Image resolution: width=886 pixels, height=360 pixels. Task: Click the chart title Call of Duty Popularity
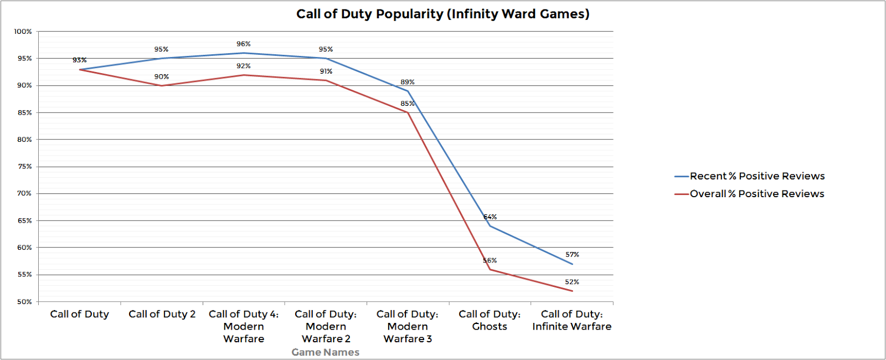pyautogui.click(x=442, y=14)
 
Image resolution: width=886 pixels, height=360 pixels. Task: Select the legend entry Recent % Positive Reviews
pyautogui.click(x=756, y=176)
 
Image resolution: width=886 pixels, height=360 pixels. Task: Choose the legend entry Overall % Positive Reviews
pyautogui.click(x=756, y=194)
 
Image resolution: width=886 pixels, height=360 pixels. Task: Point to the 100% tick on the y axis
pyautogui.click(x=23, y=32)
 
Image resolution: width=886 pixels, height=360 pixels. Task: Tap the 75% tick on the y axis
pyautogui.click(x=24, y=167)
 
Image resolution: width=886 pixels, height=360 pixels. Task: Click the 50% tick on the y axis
pyautogui.click(x=24, y=302)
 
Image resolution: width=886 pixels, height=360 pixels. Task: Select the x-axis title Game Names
pyautogui.click(x=325, y=352)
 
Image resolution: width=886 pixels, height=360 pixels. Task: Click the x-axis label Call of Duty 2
pyautogui.click(x=162, y=314)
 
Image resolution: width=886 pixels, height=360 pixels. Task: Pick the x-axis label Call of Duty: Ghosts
pyautogui.click(x=490, y=320)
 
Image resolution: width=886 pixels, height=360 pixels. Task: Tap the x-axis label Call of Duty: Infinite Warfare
pyautogui.click(x=571, y=320)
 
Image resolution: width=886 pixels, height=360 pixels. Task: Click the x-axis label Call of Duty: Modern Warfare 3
pyautogui.click(x=408, y=326)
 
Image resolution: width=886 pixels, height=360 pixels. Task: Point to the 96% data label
pyautogui.click(x=244, y=44)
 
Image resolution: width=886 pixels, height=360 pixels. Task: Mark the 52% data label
pyautogui.click(x=572, y=282)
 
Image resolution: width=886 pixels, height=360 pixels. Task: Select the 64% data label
pyautogui.click(x=490, y=217)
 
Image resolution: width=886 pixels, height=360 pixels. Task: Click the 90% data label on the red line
pyautogui.click(x=162, y=77)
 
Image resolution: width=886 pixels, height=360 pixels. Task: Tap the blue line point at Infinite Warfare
pyautogui.click(x=572, y=264)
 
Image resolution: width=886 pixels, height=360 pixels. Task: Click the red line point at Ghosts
pyautogui.click(x=490, y=270)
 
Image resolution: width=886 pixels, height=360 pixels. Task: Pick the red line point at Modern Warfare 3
pyautogui.click(x=408, y=112)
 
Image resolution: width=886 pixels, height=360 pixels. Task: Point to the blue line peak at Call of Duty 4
pyautogui.click(x=244, y=53)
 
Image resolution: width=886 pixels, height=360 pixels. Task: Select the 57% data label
pyautogui.click(x=572, y=255)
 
